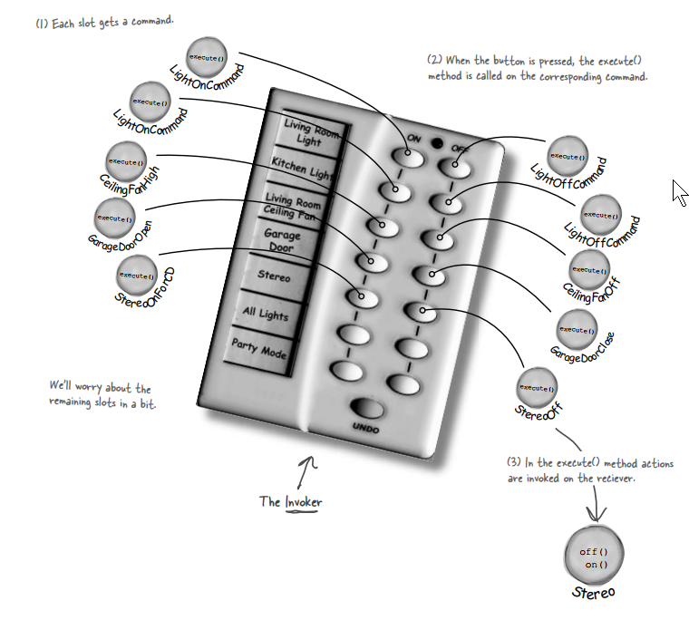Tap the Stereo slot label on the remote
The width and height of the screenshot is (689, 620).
pyautogui.click(x=273, y=276)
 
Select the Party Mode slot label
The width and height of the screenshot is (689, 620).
pyautogui.click(x=259, y=347)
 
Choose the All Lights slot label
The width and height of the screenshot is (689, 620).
pyautogui.click(x=265, y=313)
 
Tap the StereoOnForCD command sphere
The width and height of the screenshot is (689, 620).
pyautogui.click(x=137, y=275)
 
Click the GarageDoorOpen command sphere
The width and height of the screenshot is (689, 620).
pyautogui.click(x=115, y=218)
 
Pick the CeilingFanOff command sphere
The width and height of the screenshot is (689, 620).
pyautogui.click(x=590, y=270)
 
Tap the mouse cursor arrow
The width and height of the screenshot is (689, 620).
pyautogui.click(x=679, y=192)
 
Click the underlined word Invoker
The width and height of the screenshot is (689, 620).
pyautogui.click(x=303, y=502)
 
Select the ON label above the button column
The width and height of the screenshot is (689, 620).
pyautogui.click(x=413, y=138)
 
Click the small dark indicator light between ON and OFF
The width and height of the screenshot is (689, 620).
pyautogui.click(x=437, y=143)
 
